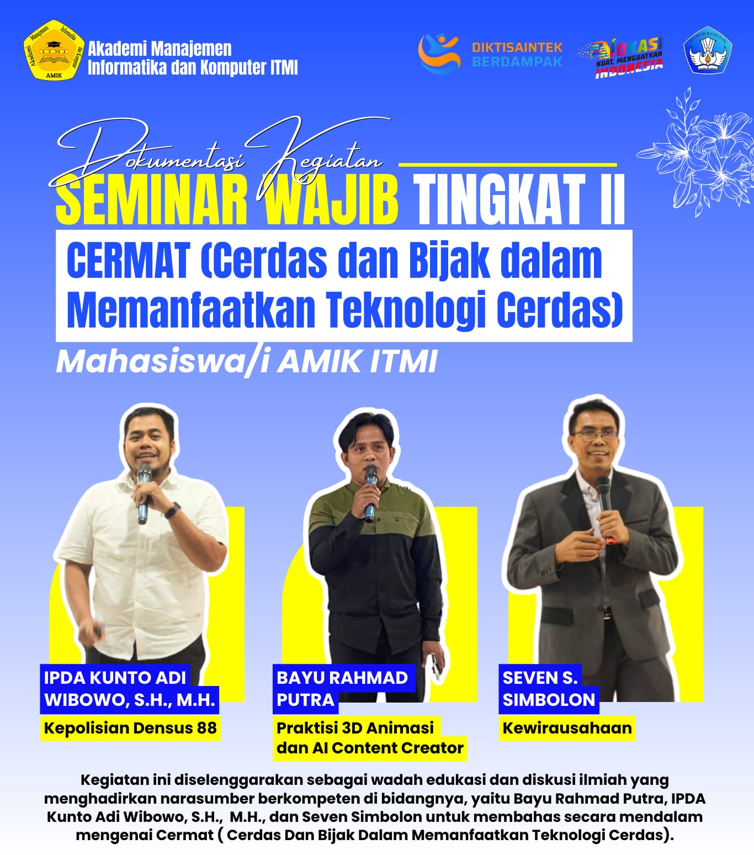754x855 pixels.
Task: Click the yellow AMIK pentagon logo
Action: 54,50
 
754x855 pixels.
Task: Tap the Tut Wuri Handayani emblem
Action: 707,50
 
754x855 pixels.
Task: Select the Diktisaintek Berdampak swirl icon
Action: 439,53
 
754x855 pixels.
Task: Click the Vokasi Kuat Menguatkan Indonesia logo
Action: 620,57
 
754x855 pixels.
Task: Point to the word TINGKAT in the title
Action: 500,199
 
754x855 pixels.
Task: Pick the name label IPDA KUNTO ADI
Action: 115,678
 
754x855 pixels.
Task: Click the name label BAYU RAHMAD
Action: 342,678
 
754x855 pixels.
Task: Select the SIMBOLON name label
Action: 549,700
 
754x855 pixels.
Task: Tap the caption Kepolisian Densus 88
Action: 130,728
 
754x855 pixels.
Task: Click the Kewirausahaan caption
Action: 567,728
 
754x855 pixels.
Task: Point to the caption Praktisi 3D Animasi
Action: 355,728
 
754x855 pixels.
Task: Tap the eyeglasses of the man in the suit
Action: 595,435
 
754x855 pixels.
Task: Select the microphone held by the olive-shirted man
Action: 371,493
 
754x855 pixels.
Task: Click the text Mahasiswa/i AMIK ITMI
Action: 247,362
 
